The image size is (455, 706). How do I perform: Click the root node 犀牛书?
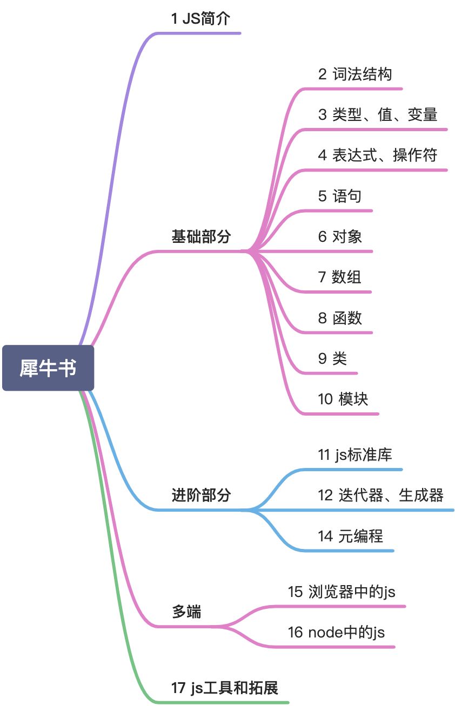[x=48, y=368]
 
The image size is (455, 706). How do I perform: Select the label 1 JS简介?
[x=200, y=19]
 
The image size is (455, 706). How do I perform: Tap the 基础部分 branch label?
[x=201, y=236]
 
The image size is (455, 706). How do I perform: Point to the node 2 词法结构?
[x=354, y=74]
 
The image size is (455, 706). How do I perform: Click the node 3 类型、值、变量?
[x=377, y=114]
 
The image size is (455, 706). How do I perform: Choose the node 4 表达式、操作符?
[x=377, y=155]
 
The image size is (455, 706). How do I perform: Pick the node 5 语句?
[x=339, y=196]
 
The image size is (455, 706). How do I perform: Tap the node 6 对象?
[x=340, y=236]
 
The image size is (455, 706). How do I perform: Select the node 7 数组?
[x=339, y=277]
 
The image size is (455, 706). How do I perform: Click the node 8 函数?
[x=340, y=318]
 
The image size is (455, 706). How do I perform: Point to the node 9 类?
[x=332, y=358]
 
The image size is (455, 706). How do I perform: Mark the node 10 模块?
[x=343, y=399]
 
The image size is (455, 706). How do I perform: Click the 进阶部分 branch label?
[x=201, y=495]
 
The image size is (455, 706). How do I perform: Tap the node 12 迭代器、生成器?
[x=380, y=495]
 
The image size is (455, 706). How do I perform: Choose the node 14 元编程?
[x=351, y=536]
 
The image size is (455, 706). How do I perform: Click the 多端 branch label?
[x=186, y=612]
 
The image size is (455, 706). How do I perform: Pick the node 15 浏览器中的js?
[x=342, y=592]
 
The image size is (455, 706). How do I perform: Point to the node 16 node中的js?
[x=336, y=632]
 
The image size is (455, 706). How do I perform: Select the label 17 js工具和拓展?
[x=224, y=688]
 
